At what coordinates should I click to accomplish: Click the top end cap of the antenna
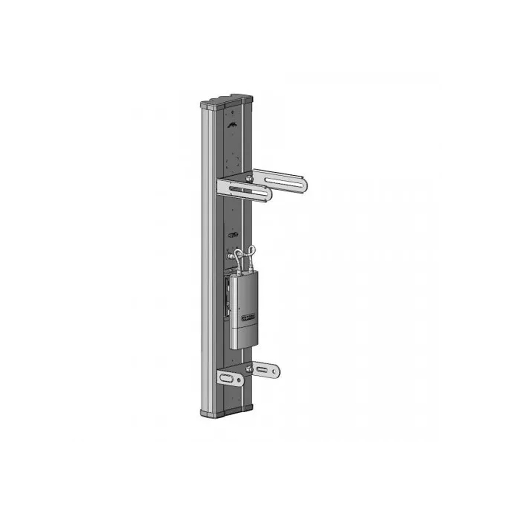tap(226, 101)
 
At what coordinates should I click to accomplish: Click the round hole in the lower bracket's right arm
tap(275, 368)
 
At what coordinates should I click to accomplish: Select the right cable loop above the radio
tap(253, 252)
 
